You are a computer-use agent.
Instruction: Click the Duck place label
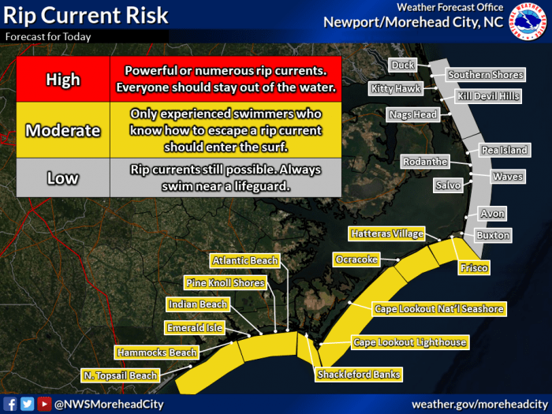point(403,65)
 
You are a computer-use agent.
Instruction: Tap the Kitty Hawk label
point(396,88)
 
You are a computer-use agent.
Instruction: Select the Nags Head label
point(413,115)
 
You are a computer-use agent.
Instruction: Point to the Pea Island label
point(505,151)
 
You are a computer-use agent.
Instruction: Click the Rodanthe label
point(425,162)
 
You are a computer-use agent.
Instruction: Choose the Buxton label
point(493,235)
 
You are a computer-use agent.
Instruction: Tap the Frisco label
point(474,268)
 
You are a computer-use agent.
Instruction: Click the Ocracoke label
point(356,259)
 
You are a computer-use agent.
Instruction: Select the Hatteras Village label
point(387,233)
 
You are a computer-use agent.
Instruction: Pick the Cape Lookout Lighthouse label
point(410,342)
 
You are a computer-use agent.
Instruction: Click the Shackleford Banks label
point(359,375)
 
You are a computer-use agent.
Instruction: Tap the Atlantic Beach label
point(245,260)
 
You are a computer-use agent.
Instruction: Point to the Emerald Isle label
point(195,328)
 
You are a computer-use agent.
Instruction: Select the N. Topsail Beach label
point(121,375)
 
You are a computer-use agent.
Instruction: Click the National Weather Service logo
point(528,21)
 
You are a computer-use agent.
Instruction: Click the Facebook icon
point(9,404)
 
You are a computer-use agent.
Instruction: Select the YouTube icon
point(44,404)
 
